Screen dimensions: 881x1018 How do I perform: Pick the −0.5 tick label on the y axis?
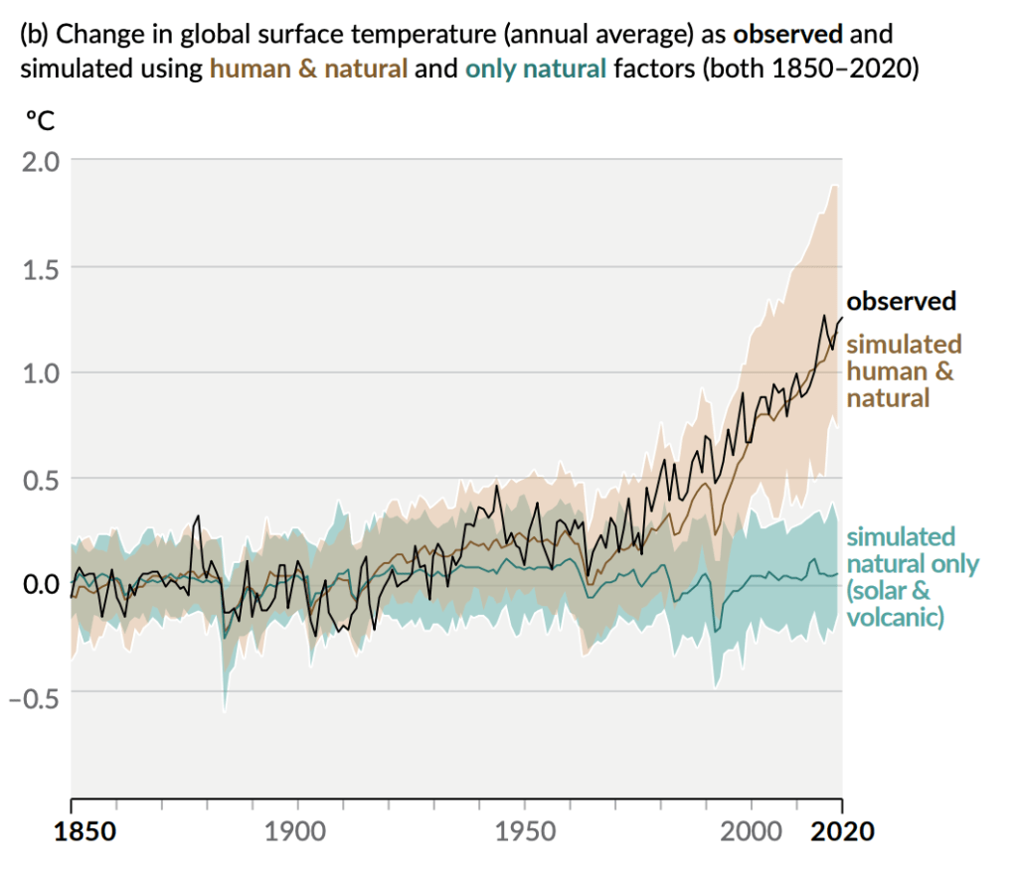(33, 692)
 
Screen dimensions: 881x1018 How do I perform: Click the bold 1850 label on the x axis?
(71, 831)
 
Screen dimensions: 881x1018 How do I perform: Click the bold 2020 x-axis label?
(842, 831)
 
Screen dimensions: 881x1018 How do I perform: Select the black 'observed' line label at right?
(901, 301)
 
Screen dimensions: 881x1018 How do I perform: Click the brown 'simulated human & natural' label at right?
(903, 371)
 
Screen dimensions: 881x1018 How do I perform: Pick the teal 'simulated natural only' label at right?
(911, 577)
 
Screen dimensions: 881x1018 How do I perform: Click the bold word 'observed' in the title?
(787, 34)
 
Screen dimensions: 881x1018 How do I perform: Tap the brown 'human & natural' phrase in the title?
(309, 70)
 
